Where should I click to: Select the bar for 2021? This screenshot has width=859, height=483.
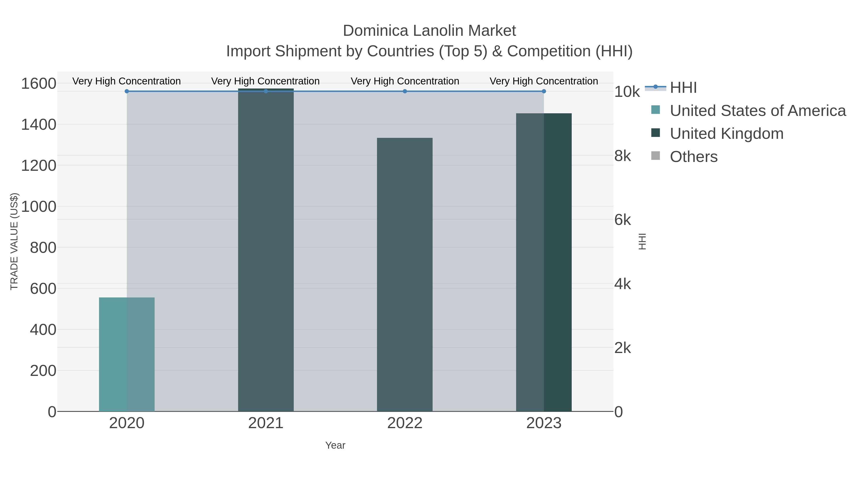coord(266,250)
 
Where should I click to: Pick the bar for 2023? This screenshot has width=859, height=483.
coord(544,262)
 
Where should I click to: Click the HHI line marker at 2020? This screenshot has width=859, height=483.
coord(127,91)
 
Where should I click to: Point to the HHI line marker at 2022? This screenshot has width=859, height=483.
coord(405,91)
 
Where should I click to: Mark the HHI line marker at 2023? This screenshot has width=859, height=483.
coord(544,91)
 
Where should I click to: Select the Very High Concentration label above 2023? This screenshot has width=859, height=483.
coord(544,81)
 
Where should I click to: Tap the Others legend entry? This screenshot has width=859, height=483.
coord(694,157)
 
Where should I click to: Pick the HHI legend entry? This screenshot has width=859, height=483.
coord(683,88)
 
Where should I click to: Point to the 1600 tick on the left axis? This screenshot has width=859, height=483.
coord(39,83)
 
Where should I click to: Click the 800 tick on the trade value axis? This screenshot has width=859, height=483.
coord(43,248)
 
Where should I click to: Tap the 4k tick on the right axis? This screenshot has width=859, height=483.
coord(623,284)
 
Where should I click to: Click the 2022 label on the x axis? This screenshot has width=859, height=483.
coord(405,423)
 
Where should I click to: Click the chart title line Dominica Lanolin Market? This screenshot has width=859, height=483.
coord(429,31)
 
